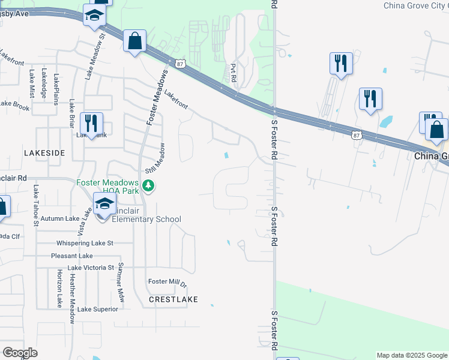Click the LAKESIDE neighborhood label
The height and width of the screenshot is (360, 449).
coord(44,153)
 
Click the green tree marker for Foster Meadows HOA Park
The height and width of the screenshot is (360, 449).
coord(148,187)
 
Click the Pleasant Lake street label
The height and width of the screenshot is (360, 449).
coord(71,256)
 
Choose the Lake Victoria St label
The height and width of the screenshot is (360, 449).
coord(91,268)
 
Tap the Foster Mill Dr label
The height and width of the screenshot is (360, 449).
coord(167,282)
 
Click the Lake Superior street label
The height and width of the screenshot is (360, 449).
coord(98,309)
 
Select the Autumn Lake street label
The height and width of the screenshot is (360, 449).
coord(60,220)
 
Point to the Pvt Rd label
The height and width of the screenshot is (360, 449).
coord(234,74)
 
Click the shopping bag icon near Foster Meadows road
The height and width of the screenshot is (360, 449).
coord(135,42)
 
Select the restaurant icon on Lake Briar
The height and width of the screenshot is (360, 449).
coord(91,124)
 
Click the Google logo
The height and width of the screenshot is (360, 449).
coord(20,353)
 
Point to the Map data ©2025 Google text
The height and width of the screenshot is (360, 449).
coord(411,355)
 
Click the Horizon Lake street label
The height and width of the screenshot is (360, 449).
coord(59,288)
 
